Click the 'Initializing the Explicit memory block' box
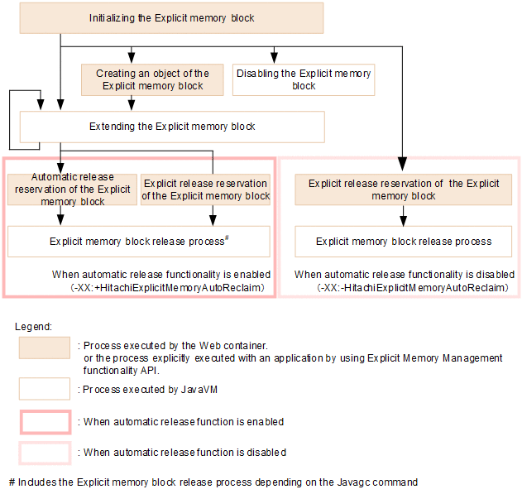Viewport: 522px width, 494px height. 172,17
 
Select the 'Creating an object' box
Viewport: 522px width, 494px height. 153,79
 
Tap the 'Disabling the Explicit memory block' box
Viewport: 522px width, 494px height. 304,79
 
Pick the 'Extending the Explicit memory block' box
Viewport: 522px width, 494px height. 172,127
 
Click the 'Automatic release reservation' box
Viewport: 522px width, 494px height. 72,189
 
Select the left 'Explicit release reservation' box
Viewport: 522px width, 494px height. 205,189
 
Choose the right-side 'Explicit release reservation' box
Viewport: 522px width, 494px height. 404,189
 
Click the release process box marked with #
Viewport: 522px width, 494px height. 139,242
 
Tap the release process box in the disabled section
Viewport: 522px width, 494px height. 404,242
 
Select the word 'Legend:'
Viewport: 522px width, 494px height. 34,327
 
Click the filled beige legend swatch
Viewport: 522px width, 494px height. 45,348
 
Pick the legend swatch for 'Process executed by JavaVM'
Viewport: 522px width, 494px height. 45,388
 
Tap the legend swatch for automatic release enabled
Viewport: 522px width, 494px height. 45,422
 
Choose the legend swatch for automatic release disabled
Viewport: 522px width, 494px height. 45,453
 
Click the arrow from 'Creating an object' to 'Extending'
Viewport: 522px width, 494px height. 132,103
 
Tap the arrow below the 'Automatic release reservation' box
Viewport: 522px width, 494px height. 60,217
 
